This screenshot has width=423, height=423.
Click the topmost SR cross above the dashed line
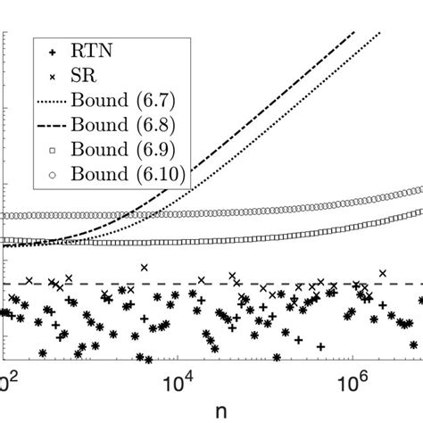142,267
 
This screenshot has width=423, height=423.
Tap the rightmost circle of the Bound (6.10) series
419,190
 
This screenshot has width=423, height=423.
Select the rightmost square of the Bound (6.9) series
419,211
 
